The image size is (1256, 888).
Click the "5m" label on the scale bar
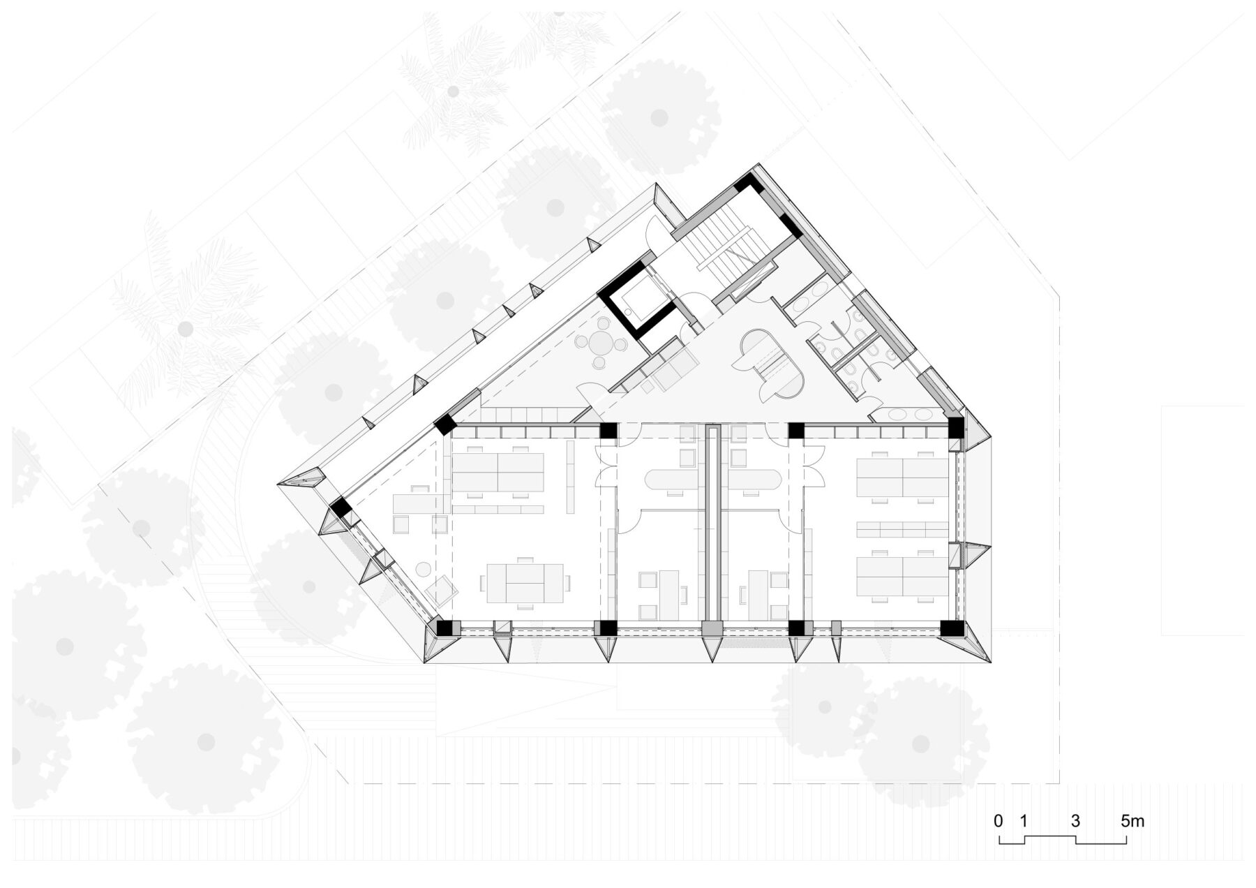(x=1132, y=821)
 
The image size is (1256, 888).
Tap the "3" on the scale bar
(x=1075, y=821)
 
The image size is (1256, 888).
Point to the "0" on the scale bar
(x=999, y=821)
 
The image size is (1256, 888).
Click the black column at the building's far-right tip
(x=955, y=427)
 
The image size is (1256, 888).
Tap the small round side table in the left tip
(x=422, y=569)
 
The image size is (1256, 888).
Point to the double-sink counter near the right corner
(x=907, y=415)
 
